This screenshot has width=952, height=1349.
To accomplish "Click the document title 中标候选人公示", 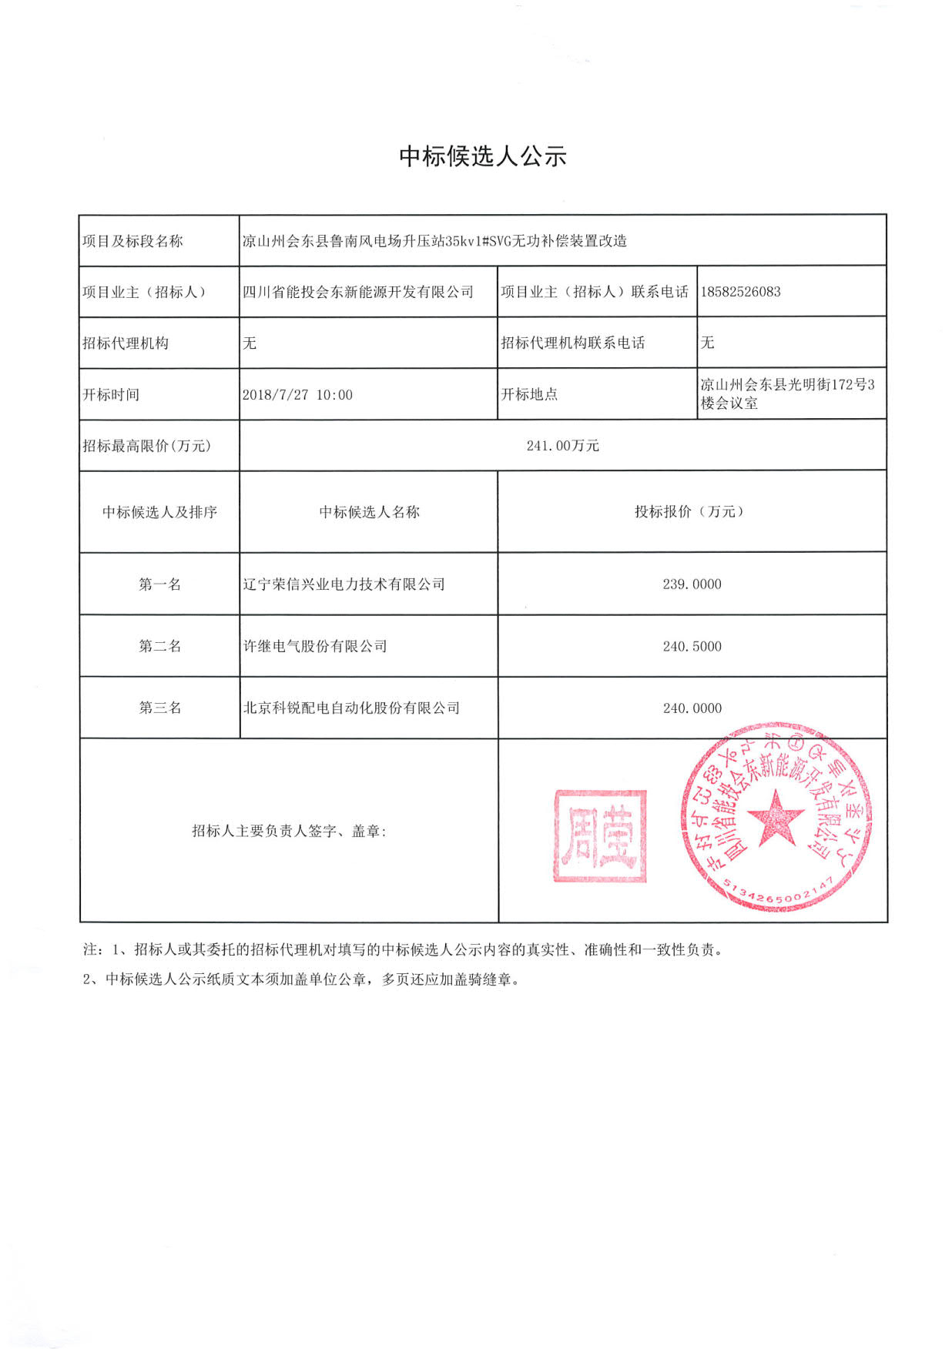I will (483, 156).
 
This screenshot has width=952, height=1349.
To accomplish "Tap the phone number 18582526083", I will (740, 292).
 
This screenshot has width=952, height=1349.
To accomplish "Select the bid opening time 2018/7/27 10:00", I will (297, 395).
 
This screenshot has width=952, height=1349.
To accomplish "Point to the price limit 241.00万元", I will (562, 446).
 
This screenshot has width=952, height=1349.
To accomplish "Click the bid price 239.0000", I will (692, 584).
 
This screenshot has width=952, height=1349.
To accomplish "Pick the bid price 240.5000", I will (692, 647).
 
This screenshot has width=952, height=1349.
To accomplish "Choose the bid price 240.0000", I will (692, 708).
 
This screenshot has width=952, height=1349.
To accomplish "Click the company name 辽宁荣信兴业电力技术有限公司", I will (344, 584).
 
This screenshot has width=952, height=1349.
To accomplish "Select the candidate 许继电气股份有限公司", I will (315, 647).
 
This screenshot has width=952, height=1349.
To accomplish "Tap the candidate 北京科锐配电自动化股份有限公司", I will (351, 708).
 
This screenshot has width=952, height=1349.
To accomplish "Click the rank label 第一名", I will (159, 584).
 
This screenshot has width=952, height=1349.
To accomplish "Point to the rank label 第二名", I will (159, 647).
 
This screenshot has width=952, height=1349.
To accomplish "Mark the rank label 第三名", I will (159, 708).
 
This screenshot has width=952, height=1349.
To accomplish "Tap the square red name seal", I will (600, 835).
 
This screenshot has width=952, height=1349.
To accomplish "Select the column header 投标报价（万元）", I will (691, 512).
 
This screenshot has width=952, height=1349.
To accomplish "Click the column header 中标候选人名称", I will (369, 512).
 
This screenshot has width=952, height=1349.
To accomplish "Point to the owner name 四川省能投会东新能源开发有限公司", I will (358, 292).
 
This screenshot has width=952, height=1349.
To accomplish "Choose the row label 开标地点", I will (529, 395).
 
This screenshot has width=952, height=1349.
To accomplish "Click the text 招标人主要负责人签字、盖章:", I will (289, 831).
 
